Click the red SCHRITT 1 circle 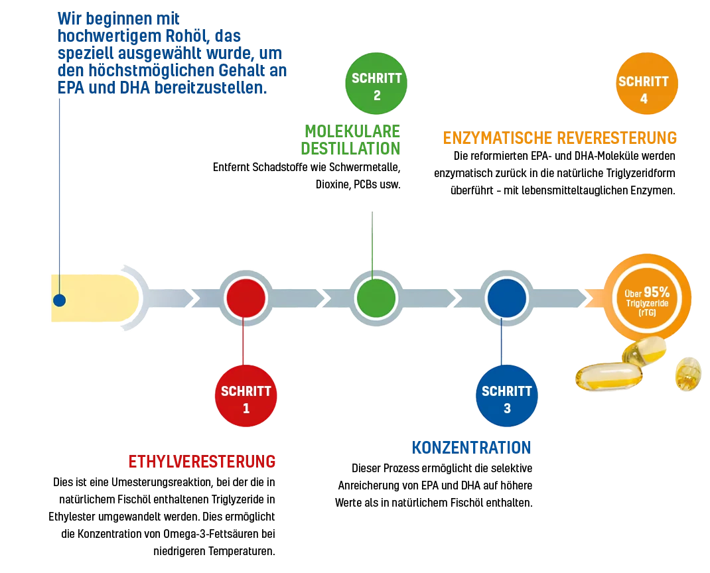point(246,399)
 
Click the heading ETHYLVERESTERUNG point(202,461)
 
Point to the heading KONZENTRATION point(470,447)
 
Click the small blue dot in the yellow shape point(60,300)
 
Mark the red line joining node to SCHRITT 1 point(245,342)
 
